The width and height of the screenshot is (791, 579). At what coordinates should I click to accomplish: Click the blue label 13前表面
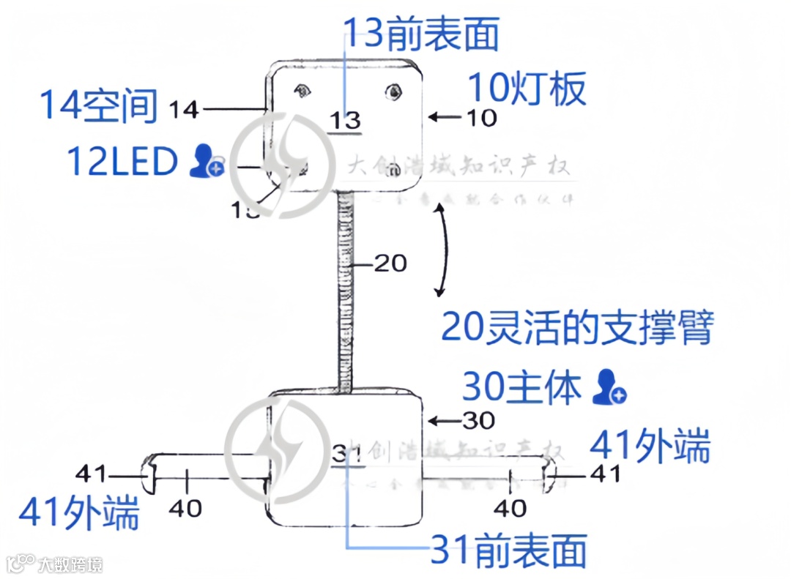[421, 34]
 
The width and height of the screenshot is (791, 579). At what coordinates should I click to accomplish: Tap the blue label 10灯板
[527, 89]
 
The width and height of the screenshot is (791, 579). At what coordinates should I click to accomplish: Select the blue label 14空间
[99, 105]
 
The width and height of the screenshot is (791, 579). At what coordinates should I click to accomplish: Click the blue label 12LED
[122, 161]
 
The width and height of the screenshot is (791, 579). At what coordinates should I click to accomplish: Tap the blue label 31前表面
[508, 550]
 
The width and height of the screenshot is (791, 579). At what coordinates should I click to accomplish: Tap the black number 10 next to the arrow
[480, 117]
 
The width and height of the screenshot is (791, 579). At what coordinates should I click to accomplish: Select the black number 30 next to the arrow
[478, 420]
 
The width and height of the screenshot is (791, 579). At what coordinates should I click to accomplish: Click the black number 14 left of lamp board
[184, 110]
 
